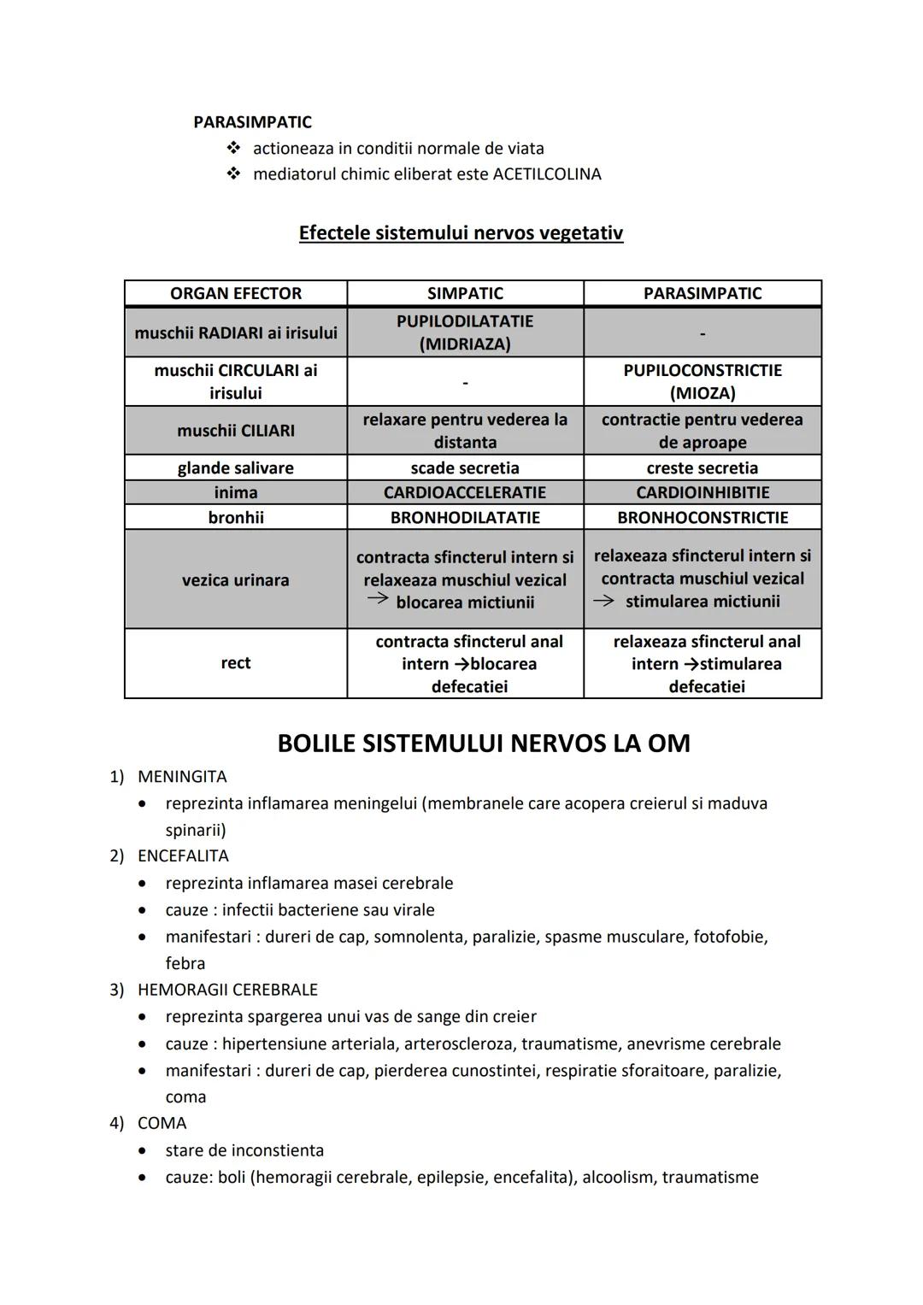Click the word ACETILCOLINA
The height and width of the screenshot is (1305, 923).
coord(547,174)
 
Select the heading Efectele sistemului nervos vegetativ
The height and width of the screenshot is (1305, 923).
coord(461,233)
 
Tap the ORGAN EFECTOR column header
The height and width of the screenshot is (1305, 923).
coord(236,293)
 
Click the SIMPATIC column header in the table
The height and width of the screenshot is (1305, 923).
coord(465,293)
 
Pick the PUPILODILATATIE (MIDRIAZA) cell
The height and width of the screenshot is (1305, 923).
coord(465,332)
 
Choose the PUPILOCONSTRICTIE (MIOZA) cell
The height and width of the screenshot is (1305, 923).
coord(703,381)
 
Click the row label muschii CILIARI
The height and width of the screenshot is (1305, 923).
coord(236,431)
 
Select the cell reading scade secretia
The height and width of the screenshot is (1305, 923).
coord(465,467)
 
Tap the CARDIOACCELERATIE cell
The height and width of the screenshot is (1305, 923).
coord(465,492)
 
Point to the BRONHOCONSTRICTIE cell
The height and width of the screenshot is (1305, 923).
coord(703,517)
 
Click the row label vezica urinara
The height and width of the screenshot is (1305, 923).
coord(236,580)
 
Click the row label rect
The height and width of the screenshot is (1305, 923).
coord(236,663)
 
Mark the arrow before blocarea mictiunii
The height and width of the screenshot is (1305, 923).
coord(378,600)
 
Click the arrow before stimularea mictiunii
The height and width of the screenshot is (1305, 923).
coord(603,600)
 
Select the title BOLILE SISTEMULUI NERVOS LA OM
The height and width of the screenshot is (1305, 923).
coord(484,744)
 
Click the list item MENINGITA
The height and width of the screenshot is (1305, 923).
coord(182,777)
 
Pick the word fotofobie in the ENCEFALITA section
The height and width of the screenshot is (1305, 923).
coord(729,937)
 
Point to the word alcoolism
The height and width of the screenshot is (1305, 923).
coord(618,1178)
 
